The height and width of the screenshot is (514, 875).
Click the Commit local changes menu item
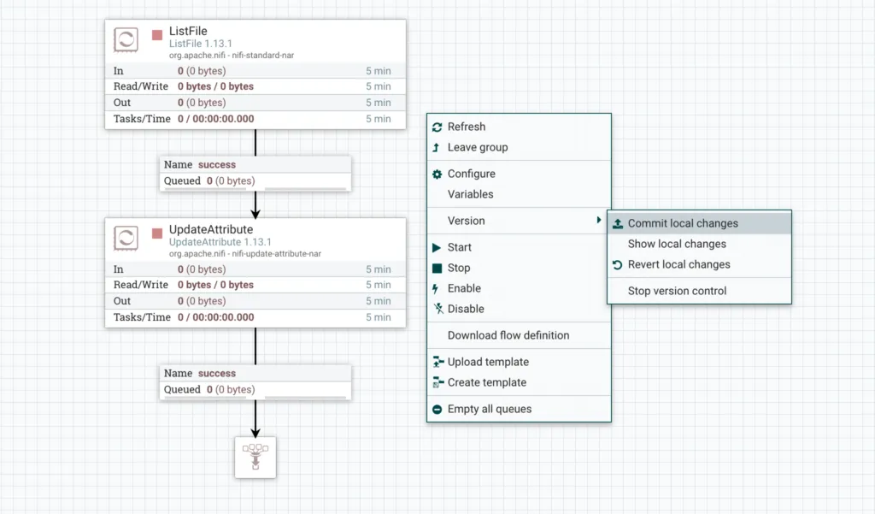(x=682, y=223)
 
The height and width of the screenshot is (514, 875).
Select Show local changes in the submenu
(x=677, y=244)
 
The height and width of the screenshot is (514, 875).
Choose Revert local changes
(x=678, y=264)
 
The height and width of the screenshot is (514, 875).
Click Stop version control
(x=677, y=291)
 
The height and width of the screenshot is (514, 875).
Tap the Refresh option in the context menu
(x=466, y=127)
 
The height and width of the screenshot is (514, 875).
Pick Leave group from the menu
(x=477, y=147)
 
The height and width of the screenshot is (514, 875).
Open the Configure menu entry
(x=471, y=174)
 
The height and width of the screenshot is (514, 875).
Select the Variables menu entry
(x=470, y=194)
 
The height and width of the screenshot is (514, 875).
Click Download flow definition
(x=508, y=335)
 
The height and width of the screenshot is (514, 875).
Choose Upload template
(x=487, y=362)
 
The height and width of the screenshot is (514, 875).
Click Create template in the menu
(x=486, y=382)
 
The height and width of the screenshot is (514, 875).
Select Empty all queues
(x=489, y=409)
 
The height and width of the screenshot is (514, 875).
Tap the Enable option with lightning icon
(x=464, y=288)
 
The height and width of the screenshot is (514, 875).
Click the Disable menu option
(x=465, y=309)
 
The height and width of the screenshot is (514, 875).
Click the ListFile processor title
(x=188, y=32)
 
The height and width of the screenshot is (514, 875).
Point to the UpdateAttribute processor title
(x=210, y=230)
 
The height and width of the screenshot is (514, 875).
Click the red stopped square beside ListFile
(x=157, y=35)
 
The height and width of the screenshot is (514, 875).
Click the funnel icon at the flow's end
(x=255, y=457)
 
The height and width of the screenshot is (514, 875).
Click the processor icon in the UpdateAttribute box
(x=126, y=238)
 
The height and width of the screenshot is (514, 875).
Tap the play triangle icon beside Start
(x=437, y=247)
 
